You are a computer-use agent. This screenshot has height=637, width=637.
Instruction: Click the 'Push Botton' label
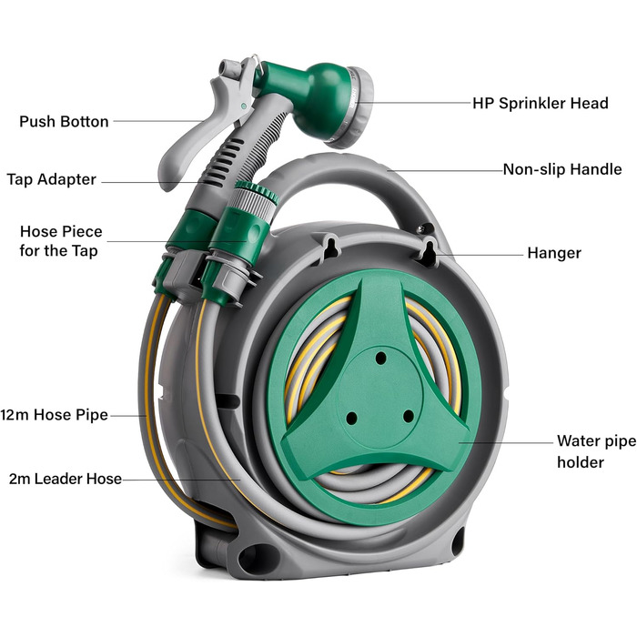point(64,121)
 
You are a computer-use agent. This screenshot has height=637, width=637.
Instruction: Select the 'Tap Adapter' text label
point(52,179)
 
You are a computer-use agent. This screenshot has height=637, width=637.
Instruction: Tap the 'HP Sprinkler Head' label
point(541,103)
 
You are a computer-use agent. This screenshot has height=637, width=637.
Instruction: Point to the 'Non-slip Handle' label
point(562,169)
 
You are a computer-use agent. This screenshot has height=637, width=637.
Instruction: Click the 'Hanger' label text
point(554,253)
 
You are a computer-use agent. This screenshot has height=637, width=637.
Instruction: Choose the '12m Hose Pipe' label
point(54,415)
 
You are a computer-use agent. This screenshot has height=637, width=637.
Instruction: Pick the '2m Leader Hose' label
point(65,479)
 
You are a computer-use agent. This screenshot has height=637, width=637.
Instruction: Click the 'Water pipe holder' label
point(596,451)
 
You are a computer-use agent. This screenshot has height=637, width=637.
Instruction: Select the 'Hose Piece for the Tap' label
point(61,241)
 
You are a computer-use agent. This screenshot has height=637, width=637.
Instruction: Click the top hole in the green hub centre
point(380,359)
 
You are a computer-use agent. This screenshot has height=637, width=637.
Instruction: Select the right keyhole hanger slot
point(430,251)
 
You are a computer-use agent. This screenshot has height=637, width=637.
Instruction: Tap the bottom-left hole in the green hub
point(352,418)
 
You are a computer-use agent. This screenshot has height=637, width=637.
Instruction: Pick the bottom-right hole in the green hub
point(409,416)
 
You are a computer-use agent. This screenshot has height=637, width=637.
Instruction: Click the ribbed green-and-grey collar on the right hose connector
point(256,198)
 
